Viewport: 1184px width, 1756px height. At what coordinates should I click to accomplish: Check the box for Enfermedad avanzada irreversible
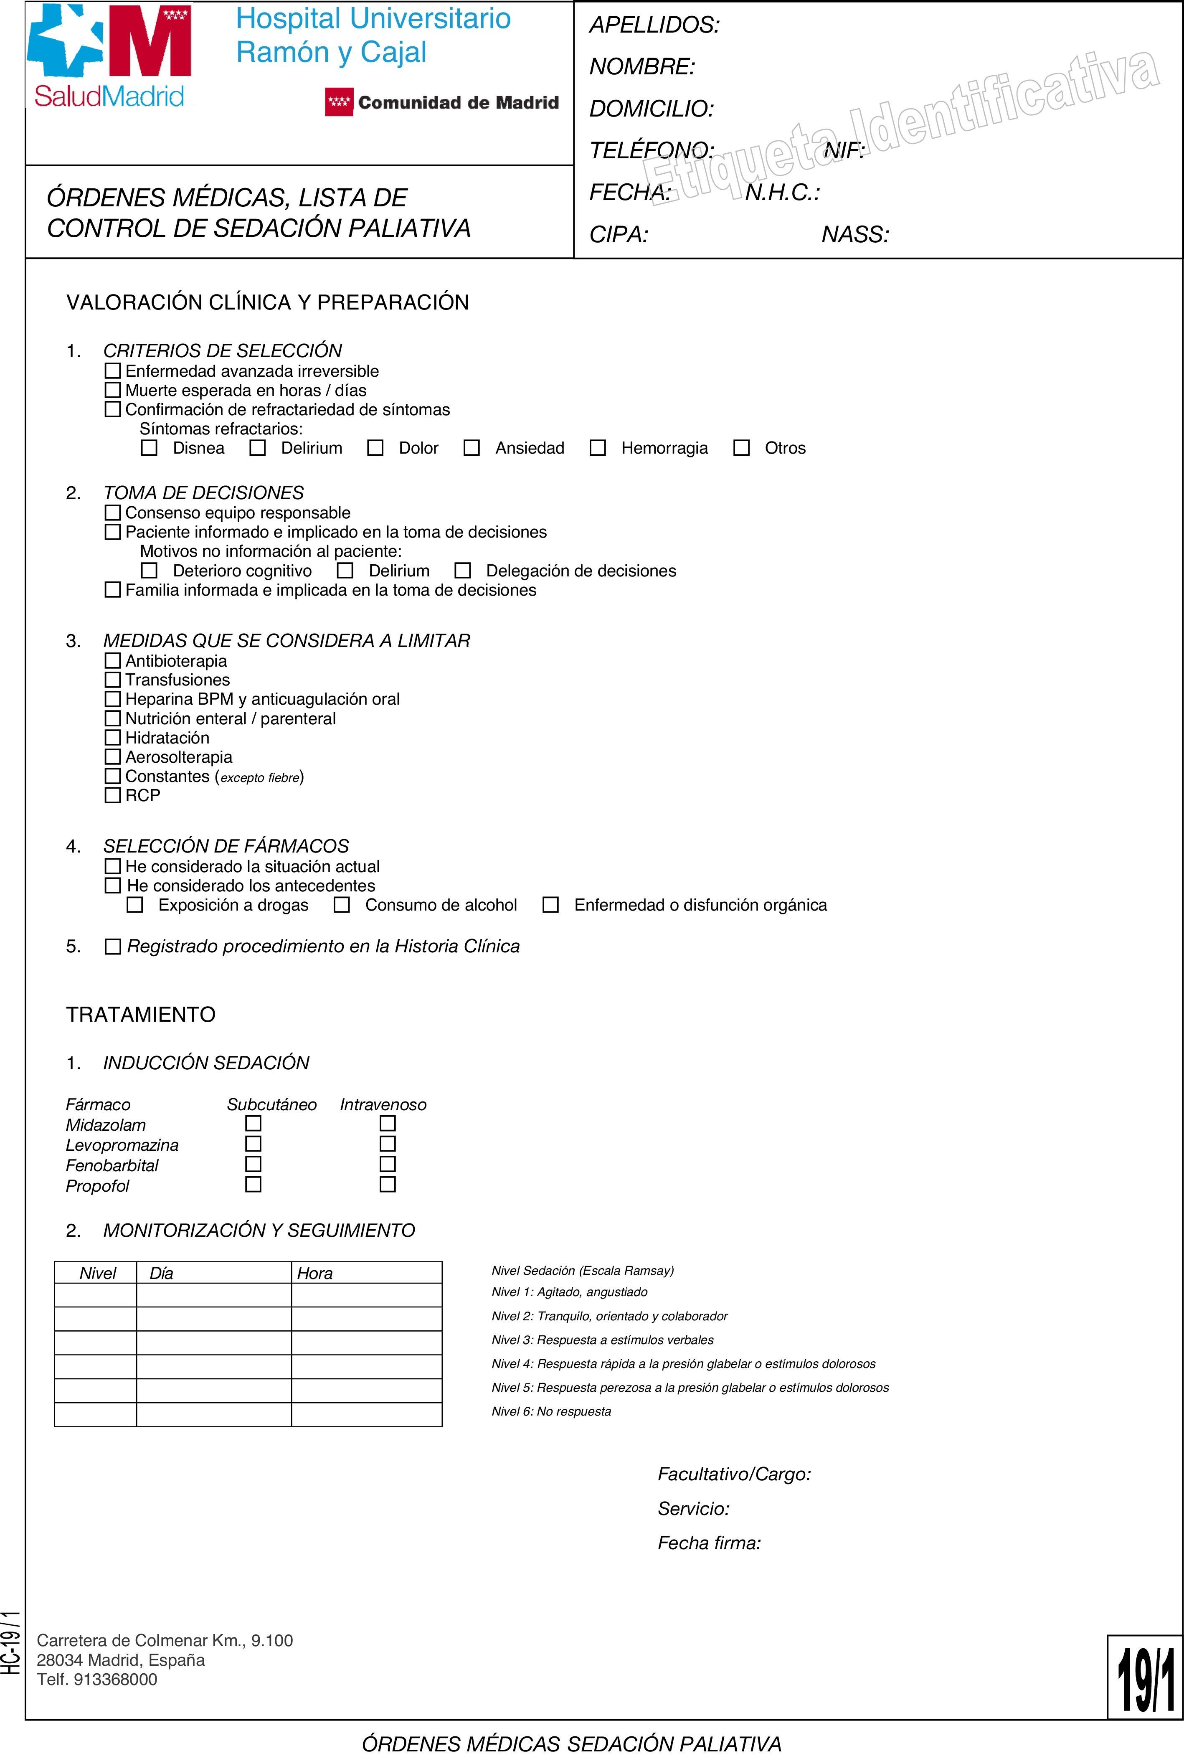pyautogui.click(x=112, y=371)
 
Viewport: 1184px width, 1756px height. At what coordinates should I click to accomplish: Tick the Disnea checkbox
pyautogui.click(x=150, y=448)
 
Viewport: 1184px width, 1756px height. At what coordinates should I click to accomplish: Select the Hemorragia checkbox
pyautogui.click(x=597, y=448)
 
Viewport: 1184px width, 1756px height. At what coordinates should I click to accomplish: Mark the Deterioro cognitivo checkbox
pyautogui.click(x=150, y=570)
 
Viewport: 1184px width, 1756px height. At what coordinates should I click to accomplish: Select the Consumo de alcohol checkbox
pyautogui.click(x=342, y=905)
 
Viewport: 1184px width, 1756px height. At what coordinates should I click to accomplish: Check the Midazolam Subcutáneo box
pyautogui.click(x=254, y=1124)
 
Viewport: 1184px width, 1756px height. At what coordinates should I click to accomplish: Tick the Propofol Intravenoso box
pyautogui.click(x=388, y=1184)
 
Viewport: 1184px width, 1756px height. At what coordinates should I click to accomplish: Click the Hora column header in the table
pyautogui.click(x=315, y=1274)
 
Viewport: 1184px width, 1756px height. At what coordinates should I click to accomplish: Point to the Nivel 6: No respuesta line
pyautogui.click(x=551, y=1411)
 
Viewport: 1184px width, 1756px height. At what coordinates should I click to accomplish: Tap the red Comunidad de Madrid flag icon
pyautogui.click(x=339, y=102)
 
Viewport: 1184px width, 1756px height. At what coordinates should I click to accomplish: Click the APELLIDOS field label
pyautogui.click(x=654, y=25)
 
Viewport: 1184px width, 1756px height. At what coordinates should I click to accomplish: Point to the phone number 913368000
pyautogui.click(x=116, y=1679)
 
